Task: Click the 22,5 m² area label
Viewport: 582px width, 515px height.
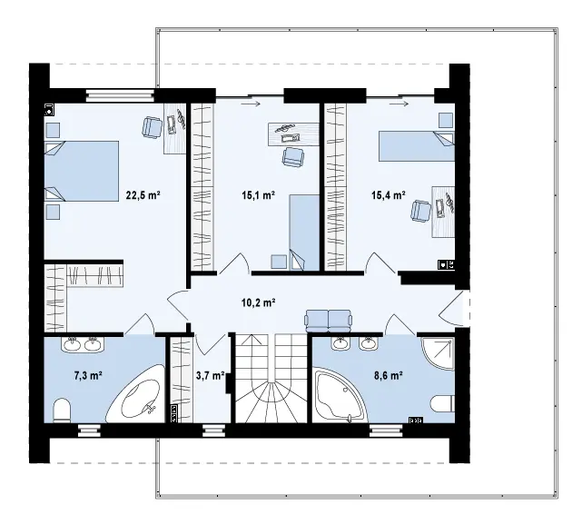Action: (143, 195)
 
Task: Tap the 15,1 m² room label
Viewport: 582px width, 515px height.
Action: (259, 195)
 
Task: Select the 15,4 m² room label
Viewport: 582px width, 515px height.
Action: (389, 195)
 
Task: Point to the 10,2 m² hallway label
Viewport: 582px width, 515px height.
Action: (259, 303)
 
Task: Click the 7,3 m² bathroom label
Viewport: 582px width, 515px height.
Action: (88, 376)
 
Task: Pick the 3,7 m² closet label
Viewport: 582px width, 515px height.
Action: (210, 376)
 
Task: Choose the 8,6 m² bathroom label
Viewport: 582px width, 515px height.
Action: (389, 376)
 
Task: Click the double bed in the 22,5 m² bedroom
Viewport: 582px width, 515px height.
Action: (82, 171)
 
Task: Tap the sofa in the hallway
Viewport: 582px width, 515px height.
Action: (328, 321)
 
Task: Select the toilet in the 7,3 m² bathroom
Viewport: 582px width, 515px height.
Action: (62, 411)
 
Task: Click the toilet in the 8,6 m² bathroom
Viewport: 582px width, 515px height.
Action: (443, 404)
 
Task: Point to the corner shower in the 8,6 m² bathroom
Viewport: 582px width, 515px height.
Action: (439, 353)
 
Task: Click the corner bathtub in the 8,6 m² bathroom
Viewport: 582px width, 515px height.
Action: (339, 395)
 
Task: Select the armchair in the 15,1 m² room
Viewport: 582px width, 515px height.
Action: (293, 157)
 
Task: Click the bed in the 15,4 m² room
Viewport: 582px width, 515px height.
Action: (417, 146)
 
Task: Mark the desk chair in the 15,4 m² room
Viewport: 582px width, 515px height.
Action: (421, 211)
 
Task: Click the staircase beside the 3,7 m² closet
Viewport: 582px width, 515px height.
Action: (271, 378)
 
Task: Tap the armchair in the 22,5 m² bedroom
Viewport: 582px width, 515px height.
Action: (153, 126)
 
